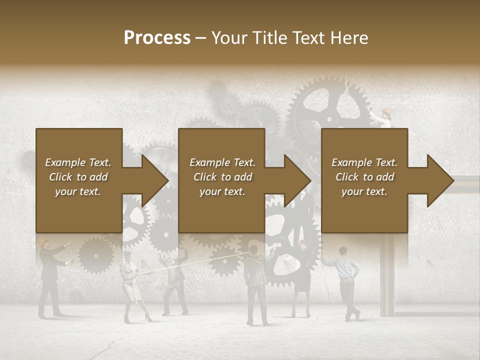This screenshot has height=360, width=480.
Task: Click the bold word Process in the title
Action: click(x=157, y=38)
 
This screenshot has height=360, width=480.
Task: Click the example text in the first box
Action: click(x=78, y=177)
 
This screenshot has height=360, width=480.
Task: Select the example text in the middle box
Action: click(x=222, y=177)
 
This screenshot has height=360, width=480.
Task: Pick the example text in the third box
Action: click(x=364, y=177)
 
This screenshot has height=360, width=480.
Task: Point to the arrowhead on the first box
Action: click(x=152, y=180)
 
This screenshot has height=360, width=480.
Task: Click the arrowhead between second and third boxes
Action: click(x=295, y=180)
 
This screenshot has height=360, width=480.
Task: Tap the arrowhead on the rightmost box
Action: click(x=438, y=180)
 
